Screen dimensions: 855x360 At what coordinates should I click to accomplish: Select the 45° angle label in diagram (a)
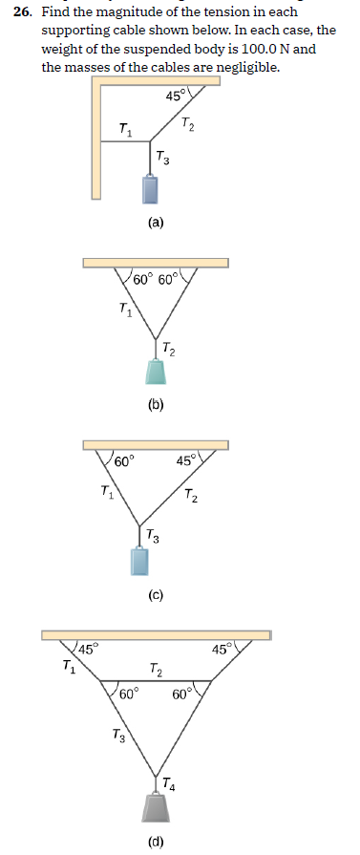point(177,96)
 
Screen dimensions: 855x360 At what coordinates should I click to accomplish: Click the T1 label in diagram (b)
point(125,309)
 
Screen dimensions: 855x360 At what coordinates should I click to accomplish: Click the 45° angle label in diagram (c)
point(187,461)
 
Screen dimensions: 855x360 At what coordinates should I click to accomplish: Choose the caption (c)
point(155,597)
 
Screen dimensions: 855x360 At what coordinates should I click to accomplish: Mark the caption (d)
point(155,842)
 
